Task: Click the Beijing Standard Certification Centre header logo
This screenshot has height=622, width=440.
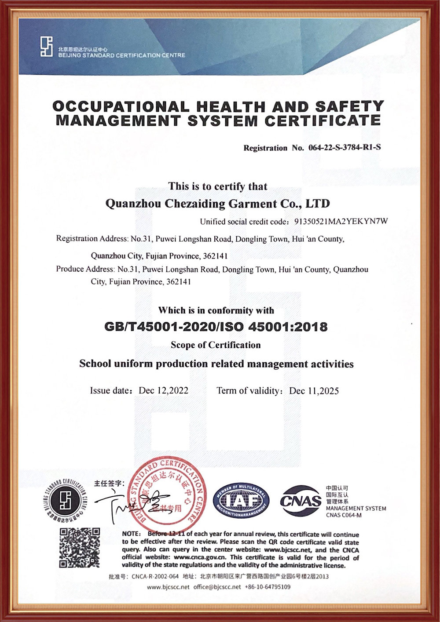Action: tap(47, 47)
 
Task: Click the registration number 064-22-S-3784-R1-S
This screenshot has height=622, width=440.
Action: tap(345, 148)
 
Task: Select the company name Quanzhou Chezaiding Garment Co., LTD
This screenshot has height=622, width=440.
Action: tap(217, 204)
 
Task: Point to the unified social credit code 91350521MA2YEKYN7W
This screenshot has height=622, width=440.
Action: tap(341, 222)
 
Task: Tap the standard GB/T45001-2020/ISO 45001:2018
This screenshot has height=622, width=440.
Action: tap(216, 327)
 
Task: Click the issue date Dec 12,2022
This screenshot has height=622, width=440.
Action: tap(163, 391)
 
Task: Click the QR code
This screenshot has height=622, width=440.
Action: tap(80, 548)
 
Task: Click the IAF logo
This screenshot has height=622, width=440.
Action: tap(241, 501)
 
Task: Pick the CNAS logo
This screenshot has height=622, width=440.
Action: tap(301, 501)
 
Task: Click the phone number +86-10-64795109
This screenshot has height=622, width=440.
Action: tap(268, 587)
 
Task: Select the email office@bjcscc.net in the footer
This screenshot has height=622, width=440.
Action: tap(217, 587)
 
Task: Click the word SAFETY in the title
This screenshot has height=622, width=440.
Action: tap(349, 107)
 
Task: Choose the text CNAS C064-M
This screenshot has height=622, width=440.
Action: tap(344, 515)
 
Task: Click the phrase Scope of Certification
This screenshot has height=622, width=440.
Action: tap(216, 345)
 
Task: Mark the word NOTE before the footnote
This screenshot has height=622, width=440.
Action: tap(131, 534)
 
